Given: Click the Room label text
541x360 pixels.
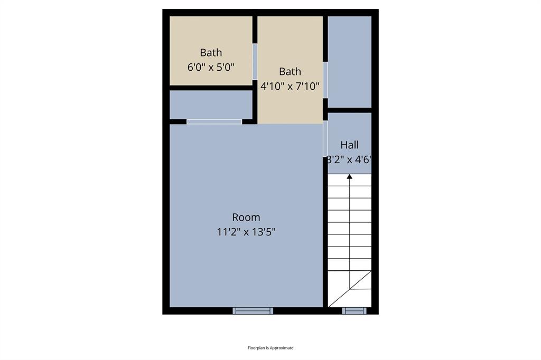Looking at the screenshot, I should point(246,217).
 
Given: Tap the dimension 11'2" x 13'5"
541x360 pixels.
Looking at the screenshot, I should point(246,231).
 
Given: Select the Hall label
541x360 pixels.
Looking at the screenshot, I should point(349,145).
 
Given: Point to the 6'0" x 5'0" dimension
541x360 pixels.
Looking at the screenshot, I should point(211,67).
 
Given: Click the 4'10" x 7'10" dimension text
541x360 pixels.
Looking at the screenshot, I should point(290,86).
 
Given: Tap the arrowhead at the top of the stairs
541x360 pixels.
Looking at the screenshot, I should point(349,176).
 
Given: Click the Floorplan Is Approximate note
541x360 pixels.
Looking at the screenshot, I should point(270,348).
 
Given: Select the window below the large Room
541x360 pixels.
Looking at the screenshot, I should point(253,310).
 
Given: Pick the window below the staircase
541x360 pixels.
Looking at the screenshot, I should point(354,310).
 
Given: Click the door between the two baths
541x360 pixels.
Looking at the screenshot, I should point(255,61).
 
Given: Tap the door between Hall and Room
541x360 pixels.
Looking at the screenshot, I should point(325,139).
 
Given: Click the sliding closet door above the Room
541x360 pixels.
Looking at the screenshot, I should point(214,122).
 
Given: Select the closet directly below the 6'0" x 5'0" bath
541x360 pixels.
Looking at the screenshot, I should point(211,105).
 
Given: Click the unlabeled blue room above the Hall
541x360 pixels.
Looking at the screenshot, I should point(349,61).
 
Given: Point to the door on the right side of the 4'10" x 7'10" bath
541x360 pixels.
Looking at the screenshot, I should point(325,80).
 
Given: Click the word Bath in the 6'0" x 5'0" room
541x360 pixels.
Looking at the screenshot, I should point(211,53).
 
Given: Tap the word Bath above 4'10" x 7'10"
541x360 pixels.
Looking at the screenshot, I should point(290,71).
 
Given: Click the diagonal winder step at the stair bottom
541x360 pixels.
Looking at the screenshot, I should point(349,289).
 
